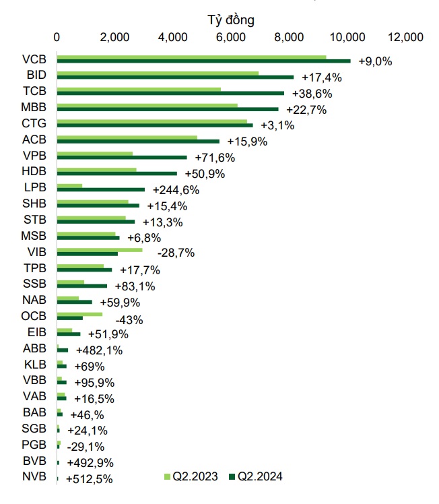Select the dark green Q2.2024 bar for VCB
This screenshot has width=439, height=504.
pyautogui.click(x=203, y=61)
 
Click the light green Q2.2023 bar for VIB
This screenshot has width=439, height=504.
pyautogui.click(x=100, y=250)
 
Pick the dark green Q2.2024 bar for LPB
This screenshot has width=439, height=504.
pyautogui.click(x=101, y=189)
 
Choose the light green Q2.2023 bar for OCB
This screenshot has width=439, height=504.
pyautogui.click(x=80, y=314)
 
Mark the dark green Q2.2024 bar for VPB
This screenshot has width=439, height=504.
pyautogui.click(x=122, y=157)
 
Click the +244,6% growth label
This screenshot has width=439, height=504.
pyautogui.click(x=176, y=190)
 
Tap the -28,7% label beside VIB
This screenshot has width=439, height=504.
pyautogui.click(x=175, y=253)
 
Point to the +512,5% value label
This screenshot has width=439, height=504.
pyautogui.click(x=89, y=479)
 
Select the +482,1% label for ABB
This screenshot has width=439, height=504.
pyautogui.click(x=99, y=350)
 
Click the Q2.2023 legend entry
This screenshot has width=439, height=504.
pyautogui.click(x=191, y=477)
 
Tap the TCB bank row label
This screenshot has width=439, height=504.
pyautogui.click(x=34, y=90)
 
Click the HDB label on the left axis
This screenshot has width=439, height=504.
pyautogui.click(x=34, y=170)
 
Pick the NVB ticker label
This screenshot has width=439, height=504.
pyautogui.click(x=34, y=478)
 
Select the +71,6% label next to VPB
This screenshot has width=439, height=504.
pyautogui.click(x=215, y=158)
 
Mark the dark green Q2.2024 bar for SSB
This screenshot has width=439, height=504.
pyautogui.click(x=82, y=286)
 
